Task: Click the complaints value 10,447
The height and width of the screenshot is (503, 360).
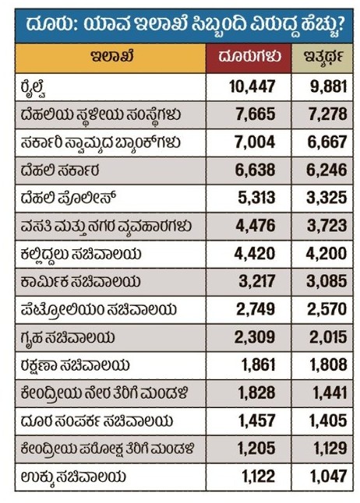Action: [252, 86]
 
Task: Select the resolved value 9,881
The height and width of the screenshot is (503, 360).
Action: [329, 86]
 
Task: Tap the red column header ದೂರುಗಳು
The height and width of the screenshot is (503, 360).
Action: [249, 57]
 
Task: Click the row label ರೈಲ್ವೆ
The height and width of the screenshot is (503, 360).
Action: [34, 88]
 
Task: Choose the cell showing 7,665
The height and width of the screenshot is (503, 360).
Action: [256, 114]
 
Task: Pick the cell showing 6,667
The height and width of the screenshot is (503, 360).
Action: [327, 142]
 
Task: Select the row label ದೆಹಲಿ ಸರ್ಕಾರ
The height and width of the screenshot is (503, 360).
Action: [60, 171]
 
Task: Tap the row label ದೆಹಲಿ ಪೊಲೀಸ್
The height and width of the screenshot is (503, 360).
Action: [68, 198]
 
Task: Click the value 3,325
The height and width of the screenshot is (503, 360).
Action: [326, 198]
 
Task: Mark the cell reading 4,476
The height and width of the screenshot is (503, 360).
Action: [256, 226]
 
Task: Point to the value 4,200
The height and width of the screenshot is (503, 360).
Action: [326, 253]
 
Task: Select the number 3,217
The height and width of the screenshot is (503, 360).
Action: [257, 281]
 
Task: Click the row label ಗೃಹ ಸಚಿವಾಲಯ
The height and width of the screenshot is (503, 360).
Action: [68, 338]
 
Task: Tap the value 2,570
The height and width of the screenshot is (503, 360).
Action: [327, 309]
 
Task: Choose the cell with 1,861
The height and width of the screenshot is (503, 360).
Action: [258, 365]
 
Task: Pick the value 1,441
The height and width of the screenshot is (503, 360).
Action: [330, 393]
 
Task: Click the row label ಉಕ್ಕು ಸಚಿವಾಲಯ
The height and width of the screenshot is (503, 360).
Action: [73, 477]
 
